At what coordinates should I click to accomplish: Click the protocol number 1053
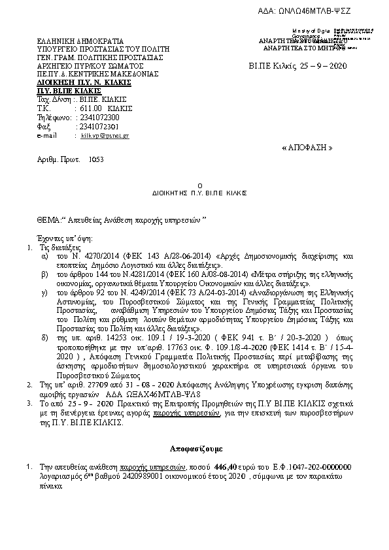click(95, 159)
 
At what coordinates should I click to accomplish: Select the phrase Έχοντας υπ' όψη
click(65, 239)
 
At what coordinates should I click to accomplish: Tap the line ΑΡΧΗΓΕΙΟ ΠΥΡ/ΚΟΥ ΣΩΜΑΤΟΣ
click(90, 66)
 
